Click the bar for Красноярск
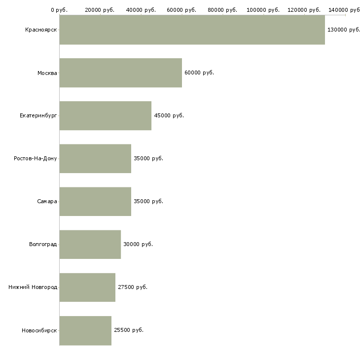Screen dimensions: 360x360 192,30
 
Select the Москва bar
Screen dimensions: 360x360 121,73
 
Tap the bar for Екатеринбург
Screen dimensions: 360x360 106,116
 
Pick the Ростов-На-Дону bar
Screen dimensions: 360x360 95,159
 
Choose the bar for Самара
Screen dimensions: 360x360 95,202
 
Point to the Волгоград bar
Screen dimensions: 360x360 90,245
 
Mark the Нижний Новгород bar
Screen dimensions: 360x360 87,288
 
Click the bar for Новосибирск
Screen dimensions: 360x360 85,330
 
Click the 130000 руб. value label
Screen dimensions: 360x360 343,30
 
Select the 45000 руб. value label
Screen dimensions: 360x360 169,115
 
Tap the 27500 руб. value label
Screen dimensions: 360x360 133,287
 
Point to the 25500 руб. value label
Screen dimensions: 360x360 129,330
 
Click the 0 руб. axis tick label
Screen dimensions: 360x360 59,10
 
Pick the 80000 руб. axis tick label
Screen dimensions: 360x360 222,10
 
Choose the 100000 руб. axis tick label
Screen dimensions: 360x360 263,10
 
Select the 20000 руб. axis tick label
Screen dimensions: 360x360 100,10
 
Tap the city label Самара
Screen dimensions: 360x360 47,201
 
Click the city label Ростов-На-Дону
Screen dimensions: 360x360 36,158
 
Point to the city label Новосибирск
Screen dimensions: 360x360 39,330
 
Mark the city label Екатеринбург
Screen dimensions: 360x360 38,115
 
